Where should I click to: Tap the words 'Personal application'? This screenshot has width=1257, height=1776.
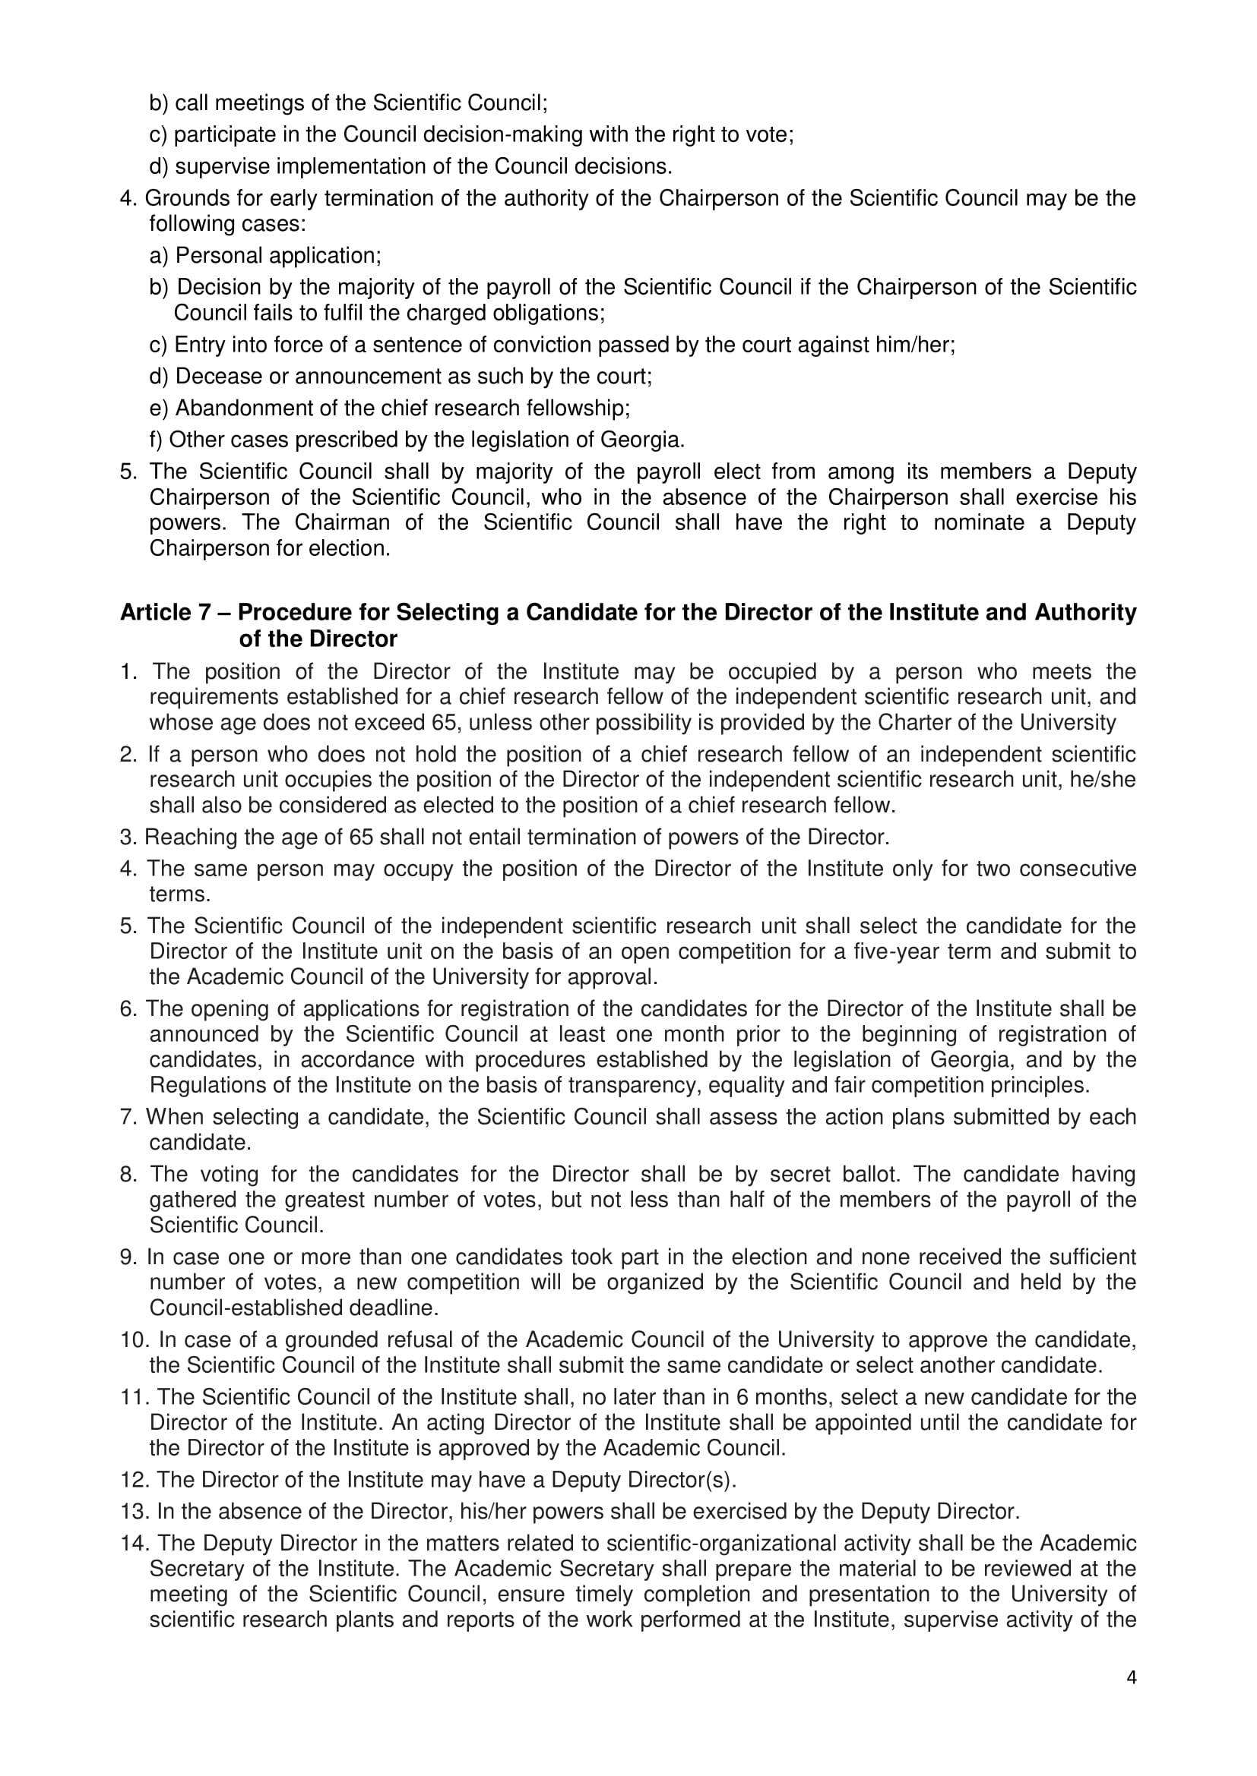point(278,255)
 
